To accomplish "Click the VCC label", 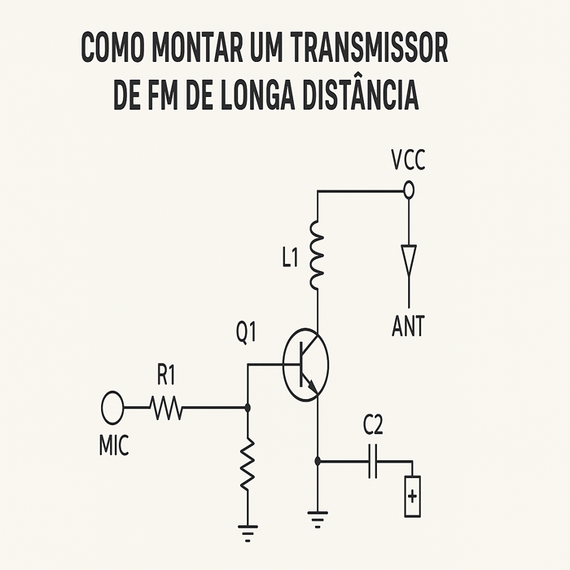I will [408, 161].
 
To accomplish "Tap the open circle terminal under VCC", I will [409, 191].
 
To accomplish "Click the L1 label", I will [291, 260].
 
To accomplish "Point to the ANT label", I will [408, 327].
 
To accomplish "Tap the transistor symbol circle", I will [306, 363].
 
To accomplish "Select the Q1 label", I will [247, 333].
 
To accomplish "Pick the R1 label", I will [166, 376].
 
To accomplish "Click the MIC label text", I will [113, 447].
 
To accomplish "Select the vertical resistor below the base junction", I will [248, 464].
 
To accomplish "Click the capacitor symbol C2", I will [374, 461].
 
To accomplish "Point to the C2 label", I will [373, 426].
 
